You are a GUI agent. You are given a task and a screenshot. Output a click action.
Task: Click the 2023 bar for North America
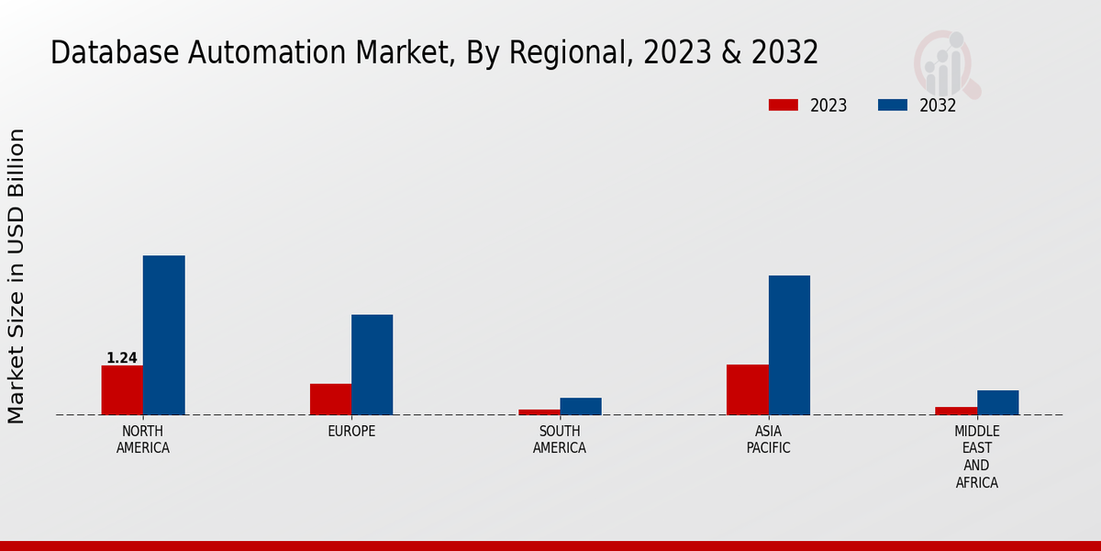click(122, 390)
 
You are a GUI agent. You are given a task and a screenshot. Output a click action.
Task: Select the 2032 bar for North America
click(163, 335)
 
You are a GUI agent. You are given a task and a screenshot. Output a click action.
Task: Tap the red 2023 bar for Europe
click(330, 399)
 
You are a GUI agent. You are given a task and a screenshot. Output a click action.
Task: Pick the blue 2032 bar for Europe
click(372, 365)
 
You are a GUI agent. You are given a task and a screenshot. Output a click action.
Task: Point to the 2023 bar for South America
click(539, 411)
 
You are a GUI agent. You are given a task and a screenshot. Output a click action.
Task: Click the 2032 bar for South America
click(581, 406)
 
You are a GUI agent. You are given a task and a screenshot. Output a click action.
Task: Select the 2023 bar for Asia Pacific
click(747, 389)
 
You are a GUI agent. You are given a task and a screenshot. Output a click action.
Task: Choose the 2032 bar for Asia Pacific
click(789, 345)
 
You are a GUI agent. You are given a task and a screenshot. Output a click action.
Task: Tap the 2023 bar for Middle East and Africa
click(956, 410)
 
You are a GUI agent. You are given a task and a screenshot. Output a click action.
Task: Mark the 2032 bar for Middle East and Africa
click(997, 402)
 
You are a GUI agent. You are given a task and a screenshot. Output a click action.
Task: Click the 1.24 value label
click(122, 358)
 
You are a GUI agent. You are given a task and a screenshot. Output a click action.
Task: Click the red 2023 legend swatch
click(784, 105)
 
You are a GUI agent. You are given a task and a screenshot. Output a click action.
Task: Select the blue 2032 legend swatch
click(893, 105)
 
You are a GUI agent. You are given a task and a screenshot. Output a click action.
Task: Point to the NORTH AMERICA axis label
click(143, 440)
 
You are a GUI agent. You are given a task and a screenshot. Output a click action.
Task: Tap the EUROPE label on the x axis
click(351, 432)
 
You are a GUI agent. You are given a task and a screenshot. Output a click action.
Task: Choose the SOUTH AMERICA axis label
click(560, 440)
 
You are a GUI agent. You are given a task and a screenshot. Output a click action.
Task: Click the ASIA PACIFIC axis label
click(768, 440)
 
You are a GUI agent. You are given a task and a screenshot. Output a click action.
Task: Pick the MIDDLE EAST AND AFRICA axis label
click(976, 456)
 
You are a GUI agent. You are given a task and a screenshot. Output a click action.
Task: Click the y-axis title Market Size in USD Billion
click(17, 275)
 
